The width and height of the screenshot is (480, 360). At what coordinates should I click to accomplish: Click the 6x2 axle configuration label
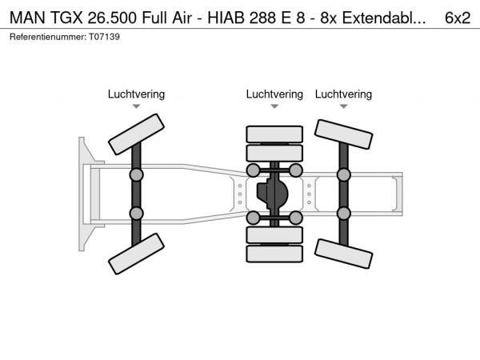point(458,18)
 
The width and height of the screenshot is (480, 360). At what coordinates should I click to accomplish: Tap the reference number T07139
point(104,37)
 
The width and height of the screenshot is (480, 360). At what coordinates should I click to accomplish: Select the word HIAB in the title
point(226,18)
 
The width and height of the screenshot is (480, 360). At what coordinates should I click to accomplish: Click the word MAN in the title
point(27,18)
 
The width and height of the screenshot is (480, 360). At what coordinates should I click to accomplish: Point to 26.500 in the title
point(112,18)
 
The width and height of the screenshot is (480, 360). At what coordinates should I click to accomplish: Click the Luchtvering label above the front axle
point(136,94)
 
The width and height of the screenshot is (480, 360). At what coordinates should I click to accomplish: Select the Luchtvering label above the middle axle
point(274,94)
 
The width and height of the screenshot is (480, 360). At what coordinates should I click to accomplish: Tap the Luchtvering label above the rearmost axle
point(343,94)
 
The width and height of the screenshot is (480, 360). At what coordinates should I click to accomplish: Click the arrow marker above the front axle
point(136,106)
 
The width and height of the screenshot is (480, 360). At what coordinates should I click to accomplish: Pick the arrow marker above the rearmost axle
point(343,106)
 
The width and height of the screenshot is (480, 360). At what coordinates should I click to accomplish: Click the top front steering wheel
point(136,134)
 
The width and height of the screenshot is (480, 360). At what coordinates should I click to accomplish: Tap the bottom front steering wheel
point(136,254)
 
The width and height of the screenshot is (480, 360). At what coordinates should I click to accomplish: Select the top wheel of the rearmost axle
point(343,134)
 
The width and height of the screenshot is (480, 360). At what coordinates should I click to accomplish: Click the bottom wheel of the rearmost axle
point(343,254)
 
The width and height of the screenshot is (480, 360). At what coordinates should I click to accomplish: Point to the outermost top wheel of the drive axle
point(274,134)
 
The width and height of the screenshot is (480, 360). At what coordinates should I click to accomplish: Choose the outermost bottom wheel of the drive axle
point(274,254)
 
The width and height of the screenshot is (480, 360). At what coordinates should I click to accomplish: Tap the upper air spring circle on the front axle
point(136,174)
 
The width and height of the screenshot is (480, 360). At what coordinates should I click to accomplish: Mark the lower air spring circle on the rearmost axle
point(343,214)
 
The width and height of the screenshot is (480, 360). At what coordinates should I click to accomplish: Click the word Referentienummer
point(48,37)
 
